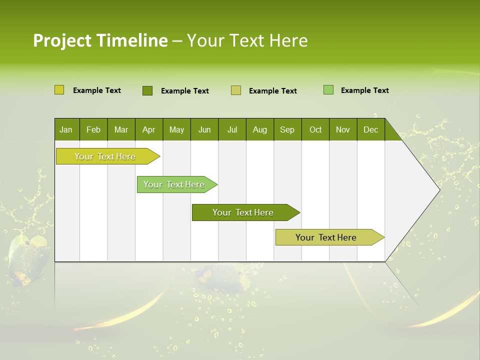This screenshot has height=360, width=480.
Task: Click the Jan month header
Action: [x=66, y=130]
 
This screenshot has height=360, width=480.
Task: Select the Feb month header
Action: [x=93, y=130]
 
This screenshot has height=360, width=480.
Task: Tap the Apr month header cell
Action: [x=149, y=130]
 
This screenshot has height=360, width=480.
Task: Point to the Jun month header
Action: [x=204, y=130]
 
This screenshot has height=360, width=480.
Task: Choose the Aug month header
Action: [x=260, y=130]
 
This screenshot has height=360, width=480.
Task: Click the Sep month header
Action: [x=287, y=130]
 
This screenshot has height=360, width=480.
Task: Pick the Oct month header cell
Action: [x=315, y=130]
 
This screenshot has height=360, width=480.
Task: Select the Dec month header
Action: [x=371, y=130]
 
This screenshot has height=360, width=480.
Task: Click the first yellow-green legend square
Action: [x=59, y=90]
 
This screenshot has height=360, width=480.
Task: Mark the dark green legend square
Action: [x=147, y=90]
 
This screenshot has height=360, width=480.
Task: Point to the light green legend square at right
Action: [x=328, y=90]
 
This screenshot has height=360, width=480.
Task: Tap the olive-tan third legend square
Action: [x=236, y=90]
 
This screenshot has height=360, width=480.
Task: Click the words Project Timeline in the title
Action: [x=100, y=40]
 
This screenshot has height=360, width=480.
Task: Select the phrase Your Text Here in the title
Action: [x=247, y=40]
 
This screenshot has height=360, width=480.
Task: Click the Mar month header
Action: [x=121, y=130]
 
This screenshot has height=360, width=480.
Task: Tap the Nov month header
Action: [x=343, y=130]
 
